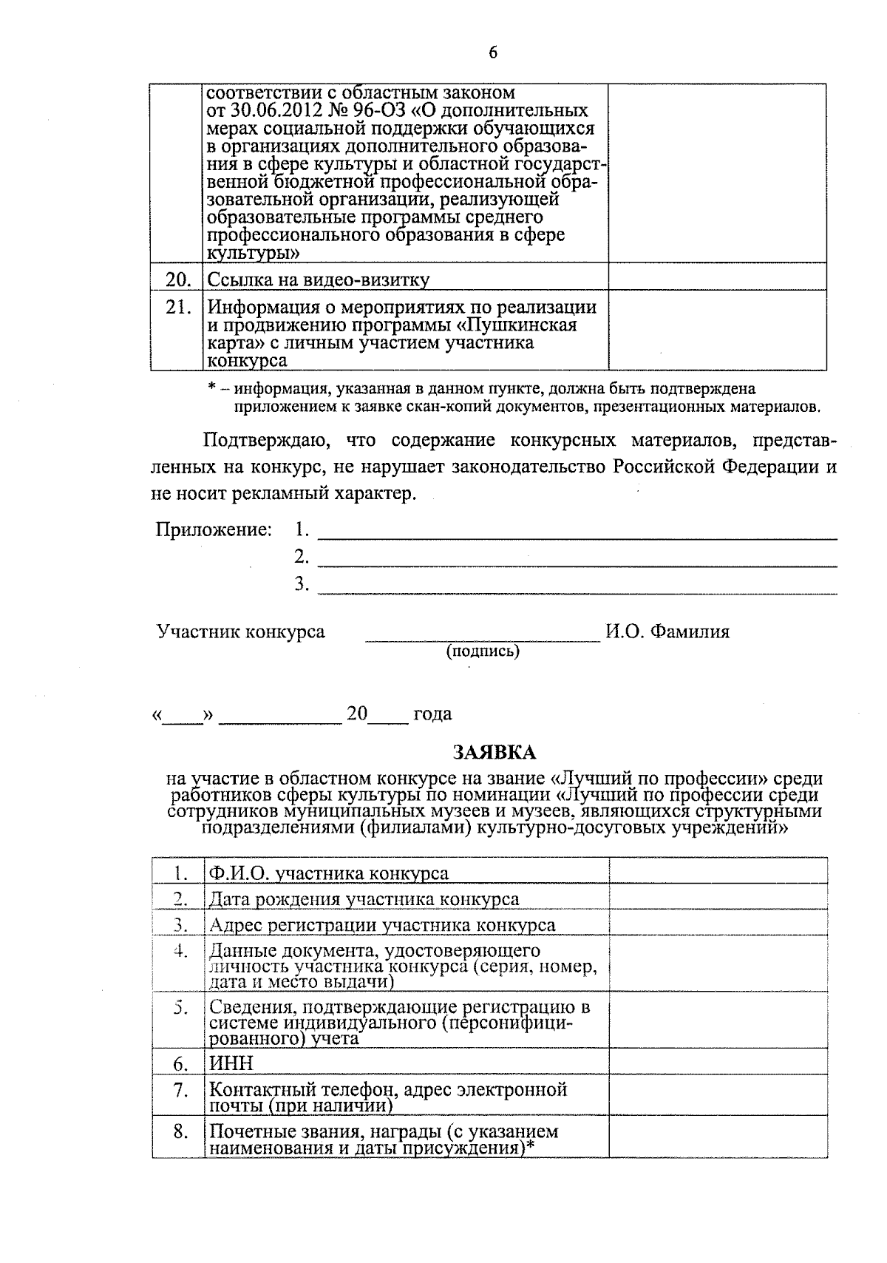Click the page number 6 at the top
tap(493, 53)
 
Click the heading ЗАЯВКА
tap(494, 752)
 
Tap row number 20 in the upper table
tap(178, 280)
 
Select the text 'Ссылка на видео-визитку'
tap(319, 280)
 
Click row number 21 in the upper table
tap(178, 307)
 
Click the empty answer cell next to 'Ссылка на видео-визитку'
tap(716, 277)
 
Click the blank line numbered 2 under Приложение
tap(577, 558)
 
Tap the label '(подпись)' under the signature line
tap(482, 651)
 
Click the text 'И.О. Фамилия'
tap(667, 631)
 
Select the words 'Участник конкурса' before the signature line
tap(241, 631)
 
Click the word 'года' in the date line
tap(433, 714)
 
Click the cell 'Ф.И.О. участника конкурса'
tap(329, 873)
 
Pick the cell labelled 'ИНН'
tap(231, 1063)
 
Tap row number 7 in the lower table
tap(180, 1090)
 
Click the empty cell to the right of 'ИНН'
tap(717, 1062)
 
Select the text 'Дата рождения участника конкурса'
tap(364, 899)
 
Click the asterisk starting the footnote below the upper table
tap(212, 387)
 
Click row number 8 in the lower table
tap(180, 1131)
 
